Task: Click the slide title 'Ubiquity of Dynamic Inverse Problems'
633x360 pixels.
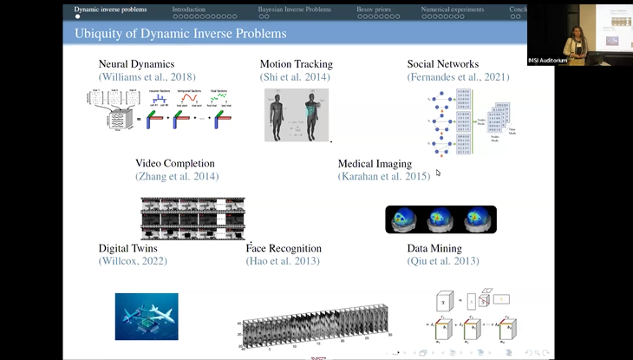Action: pyautogui.click(x=180, y=34)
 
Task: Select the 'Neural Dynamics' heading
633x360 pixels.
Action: pyautogui.click(x=136, y=64)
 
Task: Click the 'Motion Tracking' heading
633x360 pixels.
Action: pyautogui.click(x=296, y=64)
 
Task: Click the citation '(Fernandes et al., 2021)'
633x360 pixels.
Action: pyautogui.click(x=458, y=77)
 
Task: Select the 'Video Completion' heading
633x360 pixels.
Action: pyautogui.click(x=175, y=163)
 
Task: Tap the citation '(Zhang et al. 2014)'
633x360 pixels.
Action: pyautogui.click(x=177, y=176)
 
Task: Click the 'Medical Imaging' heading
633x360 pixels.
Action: pyautogui.click(x=375, y=163)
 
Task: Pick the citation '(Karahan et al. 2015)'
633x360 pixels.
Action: pyautogui.click(x=383, y=176)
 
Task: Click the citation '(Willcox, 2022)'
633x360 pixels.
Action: pyautogui.click(x=133, y=261)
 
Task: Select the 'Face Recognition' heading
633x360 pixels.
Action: pyautogui.click(x=284, y=248)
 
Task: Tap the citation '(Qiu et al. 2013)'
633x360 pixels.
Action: pyautogui.click(x=443, y=261)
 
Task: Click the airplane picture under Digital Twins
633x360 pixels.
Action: pyautogui.click(x=147, y=316)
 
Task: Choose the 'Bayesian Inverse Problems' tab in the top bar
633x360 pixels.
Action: pyautogui.click(x=295, y=10)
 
